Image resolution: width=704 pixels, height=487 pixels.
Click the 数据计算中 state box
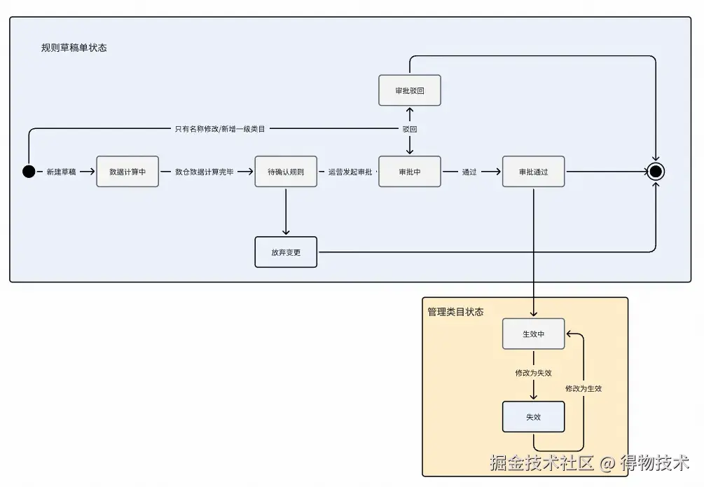click(x=127, y=172)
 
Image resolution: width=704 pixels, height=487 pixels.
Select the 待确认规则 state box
click(x=286, y=172)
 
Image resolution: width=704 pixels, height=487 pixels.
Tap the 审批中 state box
click(x=410, y=172)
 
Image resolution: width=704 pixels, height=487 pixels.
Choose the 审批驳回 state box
click(x=410, y=90)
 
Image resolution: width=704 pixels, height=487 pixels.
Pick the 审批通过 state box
click(x=533, y=172)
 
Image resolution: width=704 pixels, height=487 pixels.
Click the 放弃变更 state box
click(x=286, y=252)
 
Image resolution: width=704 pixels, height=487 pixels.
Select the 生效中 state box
click(x=533, y=334)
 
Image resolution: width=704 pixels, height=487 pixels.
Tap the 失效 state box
click(x=533, y=417)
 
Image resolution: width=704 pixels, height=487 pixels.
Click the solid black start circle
click(x=29, y=172)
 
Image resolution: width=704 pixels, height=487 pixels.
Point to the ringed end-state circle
click(x=656, y=172)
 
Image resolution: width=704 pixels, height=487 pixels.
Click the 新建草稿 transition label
click(x=61, y=172)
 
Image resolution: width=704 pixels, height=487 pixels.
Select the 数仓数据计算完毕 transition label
click(x=205, y=172)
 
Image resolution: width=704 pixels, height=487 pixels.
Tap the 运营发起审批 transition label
click(x=350, y=172)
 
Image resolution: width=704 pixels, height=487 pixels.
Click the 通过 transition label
click(x=469, y=172)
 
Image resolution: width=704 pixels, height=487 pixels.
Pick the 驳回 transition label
click(x=410, y=130)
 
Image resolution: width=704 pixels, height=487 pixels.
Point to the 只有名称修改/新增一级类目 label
click(x=220, y=129)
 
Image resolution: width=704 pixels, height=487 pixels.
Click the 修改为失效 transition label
click(x=533, y=373)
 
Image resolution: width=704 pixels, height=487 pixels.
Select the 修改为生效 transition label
click(x=584, y=388)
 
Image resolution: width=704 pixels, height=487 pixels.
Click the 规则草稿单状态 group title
click(x=74, y=48)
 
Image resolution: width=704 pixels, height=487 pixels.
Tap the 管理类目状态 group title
click(x=455, y=312)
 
